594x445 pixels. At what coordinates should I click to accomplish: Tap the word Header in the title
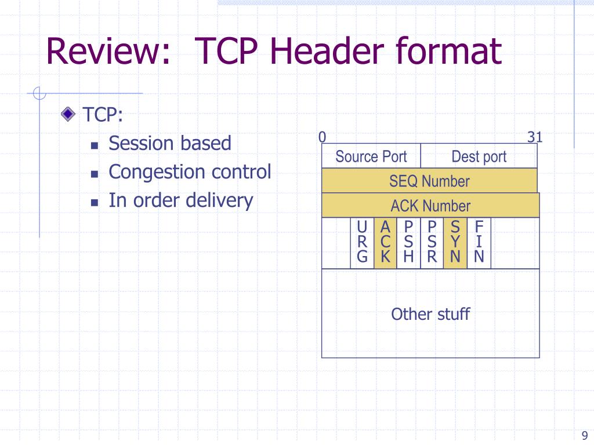pyautogui.click(x=327, y=51)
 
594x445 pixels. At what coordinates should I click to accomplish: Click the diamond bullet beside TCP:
pyautogui.click(x=68, y=114)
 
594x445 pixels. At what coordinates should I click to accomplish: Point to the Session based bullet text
pyautogui.click(x=170, y=143)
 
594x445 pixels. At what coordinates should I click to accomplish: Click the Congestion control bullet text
pyautogui.click(x=190, y=172)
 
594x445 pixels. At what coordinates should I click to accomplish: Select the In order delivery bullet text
pyautogui.click(x=181, y=200)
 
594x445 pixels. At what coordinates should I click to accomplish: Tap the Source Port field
pyautogui.click(x=371, y=156)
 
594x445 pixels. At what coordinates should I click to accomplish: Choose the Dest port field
pyautogui.click(x=479, y=156)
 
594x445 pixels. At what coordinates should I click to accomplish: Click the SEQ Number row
pyautogui.click(x=429, y=181)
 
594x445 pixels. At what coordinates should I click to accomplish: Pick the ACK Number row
pyautogui.click(x=430, y=206)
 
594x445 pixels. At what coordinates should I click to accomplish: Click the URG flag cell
pyautogui.click(x=362, y=243)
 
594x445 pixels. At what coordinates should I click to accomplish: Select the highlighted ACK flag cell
pyautogui.click(x=385, y=243)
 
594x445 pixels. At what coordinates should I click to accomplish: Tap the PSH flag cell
pyautogui.click(x=408, y=243)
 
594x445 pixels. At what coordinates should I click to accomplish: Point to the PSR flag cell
pyautogui.click(x=432, y=243)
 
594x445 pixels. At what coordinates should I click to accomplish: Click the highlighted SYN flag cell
pyautogui.click(x=455, y=243)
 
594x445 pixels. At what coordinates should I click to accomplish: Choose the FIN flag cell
pyautogui.click(x=479, y=243)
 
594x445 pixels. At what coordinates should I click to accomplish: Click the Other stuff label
pyautogui.click(x=430, y=314)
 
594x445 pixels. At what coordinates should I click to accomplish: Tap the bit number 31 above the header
pyautogui.click(x=535, y=137)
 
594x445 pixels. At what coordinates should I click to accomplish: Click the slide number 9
pyautogui.click(x=585, y=435)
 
